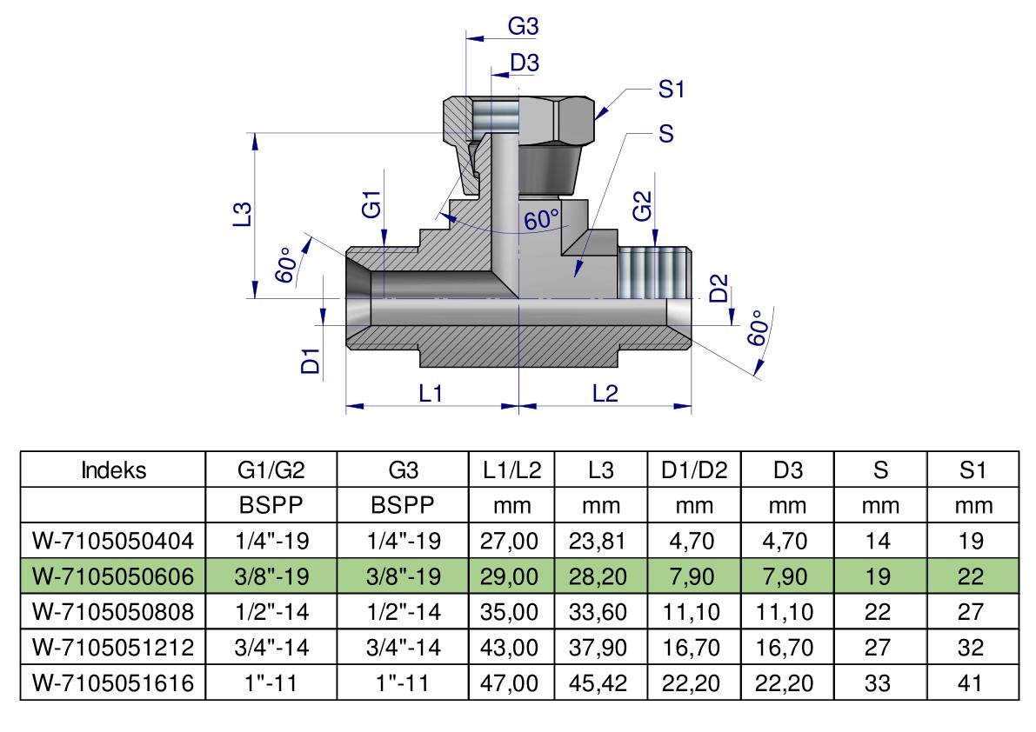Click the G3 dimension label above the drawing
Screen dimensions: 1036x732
point(523,26)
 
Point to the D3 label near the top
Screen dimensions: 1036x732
point(525,63)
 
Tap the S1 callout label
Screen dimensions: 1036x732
point(672,89)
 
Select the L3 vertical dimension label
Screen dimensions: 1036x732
point(244,214)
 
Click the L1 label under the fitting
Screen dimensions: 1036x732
point(430,394)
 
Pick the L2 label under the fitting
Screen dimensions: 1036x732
point(605,394)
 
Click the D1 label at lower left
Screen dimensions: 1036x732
point(310,361)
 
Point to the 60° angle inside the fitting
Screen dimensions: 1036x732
point(542,218)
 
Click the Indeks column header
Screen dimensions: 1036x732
point(113,470)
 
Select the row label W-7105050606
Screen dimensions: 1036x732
point(113,576)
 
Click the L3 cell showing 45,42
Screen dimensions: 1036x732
point(598,682)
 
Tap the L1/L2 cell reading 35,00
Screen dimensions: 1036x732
point(510,612)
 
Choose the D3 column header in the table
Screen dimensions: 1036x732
point(787,470)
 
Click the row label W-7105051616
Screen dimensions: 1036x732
point(113,682)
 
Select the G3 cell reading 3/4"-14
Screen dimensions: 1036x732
point(403,647)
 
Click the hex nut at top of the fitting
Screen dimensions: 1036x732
point(518,120)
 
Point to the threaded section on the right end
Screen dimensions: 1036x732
point(654,273)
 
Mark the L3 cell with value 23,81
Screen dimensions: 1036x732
point(597,542)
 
